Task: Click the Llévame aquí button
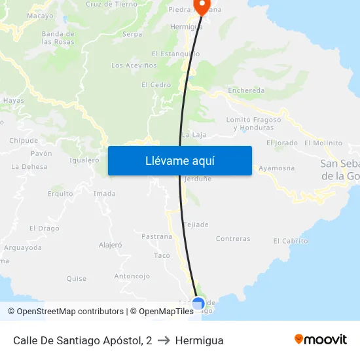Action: pyautogui.click(x=179, y=160)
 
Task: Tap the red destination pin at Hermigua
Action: pyautogui.click(x=201, y=7)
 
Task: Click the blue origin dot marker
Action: pyautogui.click(x=198, y=304)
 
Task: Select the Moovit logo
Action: pyautogui.click(x=320, y=340)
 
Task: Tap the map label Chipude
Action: pyautogui.click(x=24, y=141)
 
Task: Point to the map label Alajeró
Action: pyautogui.click(x=110, y=245)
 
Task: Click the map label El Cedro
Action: pyautogui.click(x=156, y=85)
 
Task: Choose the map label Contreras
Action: pyautogui.click(x=233, y=239)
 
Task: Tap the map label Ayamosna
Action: pyautogui.click(x=276, y=168)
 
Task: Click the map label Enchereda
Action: pyautogui.click(x=246, y=91)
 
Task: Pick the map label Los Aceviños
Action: pyautogui.click(x=134, y=65)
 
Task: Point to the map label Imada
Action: pyautogui.click(x=104, y=194)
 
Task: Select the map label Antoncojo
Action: pyautogui.click(x=133, y=276)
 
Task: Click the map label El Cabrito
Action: pyautogui.click(x=290, y=241)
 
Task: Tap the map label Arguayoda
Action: pyautogui.click(x=22, y=247)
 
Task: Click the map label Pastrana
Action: pyautogui.click(x=156, y=236)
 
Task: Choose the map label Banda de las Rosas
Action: pyautogui.click(x=58, y=37)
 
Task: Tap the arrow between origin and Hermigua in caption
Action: pyautogui.click(x=164, y=340)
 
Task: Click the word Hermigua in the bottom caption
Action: pyautogui.click(x=199, y=340)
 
